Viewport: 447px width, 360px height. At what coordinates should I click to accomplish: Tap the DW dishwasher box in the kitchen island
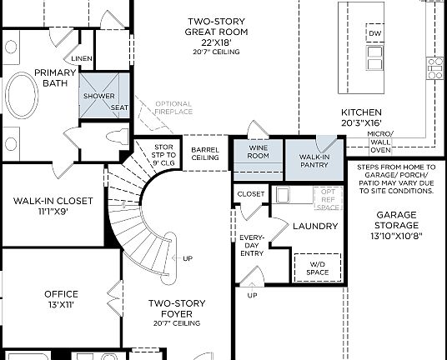[x=374, y=34]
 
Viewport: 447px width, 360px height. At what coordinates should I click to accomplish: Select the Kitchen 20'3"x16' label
[x=361, y=117]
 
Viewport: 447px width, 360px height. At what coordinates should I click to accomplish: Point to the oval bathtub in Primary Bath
[x=22, y=100]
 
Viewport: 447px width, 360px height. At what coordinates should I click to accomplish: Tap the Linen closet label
[x=82, y=58]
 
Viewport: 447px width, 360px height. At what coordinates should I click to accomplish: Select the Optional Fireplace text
[x=173, y=107]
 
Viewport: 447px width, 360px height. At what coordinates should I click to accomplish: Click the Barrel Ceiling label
[x=204, y=153]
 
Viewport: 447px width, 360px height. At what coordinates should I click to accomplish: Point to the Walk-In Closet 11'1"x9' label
[x=52, y=205]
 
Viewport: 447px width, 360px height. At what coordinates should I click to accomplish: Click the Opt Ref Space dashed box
[x=327, y=199]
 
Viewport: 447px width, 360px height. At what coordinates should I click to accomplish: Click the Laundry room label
[x=314, y=226]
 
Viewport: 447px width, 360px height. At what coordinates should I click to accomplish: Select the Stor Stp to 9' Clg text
[x=164, y=155]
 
